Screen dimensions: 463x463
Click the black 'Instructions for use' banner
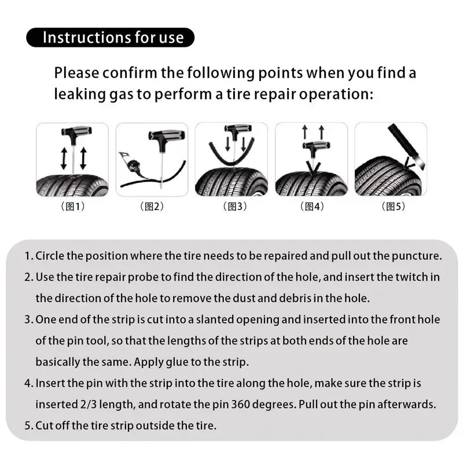110,38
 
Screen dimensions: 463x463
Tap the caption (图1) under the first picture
73,207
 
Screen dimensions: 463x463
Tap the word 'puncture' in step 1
420,256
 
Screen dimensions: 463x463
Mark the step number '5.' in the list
29,426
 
